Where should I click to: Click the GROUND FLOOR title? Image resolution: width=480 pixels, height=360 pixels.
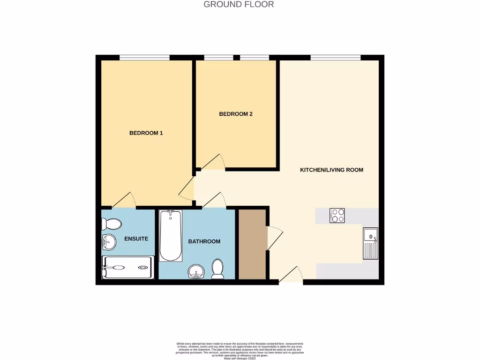[239, 5]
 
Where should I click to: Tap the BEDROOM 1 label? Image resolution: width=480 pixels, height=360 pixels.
[146, 133]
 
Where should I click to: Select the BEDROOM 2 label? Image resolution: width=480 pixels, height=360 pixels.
[236, 114]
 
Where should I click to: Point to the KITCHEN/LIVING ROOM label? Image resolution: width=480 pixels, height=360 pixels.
[331, 170]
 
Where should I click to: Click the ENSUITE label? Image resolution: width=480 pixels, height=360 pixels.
[136, 239]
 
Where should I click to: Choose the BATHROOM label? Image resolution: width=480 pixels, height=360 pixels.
[204, 241]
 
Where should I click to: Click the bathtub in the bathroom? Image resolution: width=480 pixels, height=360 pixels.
[171, 236]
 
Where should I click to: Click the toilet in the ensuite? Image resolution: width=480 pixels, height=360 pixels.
[107, 224]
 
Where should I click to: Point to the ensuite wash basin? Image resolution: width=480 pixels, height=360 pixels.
[108, 242]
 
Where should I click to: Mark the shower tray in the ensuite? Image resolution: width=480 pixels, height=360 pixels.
[127, 267]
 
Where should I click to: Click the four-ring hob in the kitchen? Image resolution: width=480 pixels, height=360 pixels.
[337, 216]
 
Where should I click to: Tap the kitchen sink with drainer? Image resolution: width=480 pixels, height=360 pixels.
[370, 243]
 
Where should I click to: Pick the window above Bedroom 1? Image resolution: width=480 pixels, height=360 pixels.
[144, 58]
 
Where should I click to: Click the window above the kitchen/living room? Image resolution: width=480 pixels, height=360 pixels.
[335, 58]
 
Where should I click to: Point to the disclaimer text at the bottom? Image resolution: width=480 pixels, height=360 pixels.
[240, 350]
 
